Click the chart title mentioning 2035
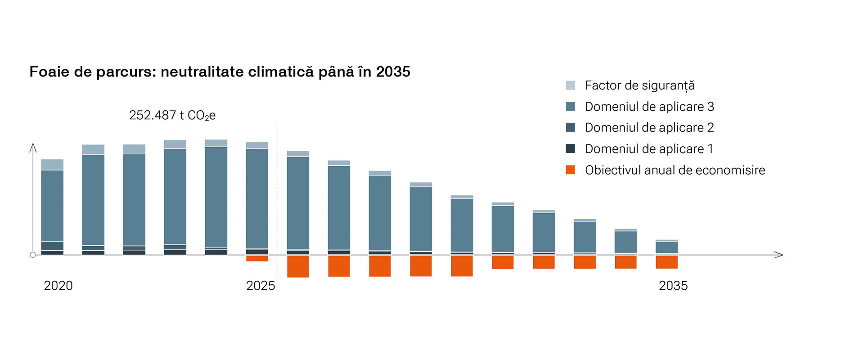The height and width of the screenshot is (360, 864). (x=220, y=72)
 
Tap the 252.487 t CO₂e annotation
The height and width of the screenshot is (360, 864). (x=172, y=115)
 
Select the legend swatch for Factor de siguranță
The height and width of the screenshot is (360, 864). (x=570, y=85)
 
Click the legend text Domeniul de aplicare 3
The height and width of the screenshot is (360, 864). (x=649, y=107)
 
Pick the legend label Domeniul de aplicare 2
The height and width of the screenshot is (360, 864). (x=649, y=128)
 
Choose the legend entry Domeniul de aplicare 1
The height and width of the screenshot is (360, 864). (x=649, y=149)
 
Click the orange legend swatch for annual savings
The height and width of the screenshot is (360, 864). (x=570, y=170)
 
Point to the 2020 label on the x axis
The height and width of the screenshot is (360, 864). (x=58, y=286)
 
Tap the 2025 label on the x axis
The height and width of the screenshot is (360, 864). (x=261, y=286)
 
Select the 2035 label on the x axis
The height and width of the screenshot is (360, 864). (x=673, y=286)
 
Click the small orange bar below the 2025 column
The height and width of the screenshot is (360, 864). (x=257, y=258)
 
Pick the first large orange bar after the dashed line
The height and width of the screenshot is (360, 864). (x=298, y=266)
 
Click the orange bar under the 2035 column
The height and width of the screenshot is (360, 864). (x=667, y=262)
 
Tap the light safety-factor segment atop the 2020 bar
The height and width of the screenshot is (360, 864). (x=52, y=165)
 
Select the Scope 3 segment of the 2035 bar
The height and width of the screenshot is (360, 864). (x=667, y=247)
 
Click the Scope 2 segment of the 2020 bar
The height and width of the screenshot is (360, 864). (x=52, y=246)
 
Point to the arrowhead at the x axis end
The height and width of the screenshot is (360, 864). (x=779, y=255)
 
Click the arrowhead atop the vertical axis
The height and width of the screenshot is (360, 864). (x=33, y=147)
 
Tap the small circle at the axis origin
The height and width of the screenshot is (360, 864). (x=33, y=255)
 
